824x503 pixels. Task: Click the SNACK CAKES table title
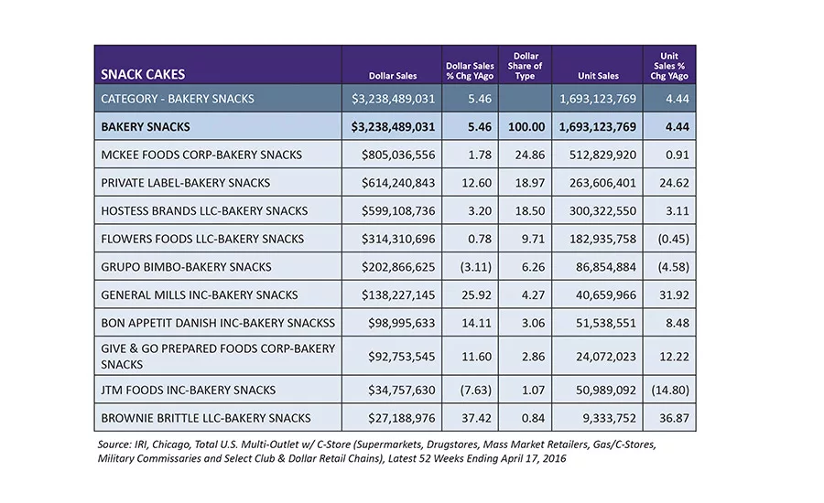click(143, 74)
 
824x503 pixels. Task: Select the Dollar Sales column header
click(393, 76)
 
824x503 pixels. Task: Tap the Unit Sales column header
click(598, 76)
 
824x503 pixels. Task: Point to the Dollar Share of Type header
click(525, 66)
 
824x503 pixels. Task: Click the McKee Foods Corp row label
click(201, 155)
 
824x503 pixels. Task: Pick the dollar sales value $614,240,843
click(398, 183)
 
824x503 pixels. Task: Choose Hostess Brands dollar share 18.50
click(530, 210)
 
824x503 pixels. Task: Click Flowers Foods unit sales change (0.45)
click(673, 239)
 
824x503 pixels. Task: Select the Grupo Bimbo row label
click(186, 267)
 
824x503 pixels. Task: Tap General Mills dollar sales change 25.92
click(476, 295)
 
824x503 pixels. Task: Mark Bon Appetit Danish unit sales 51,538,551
click(606, 323)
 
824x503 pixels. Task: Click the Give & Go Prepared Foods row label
click(218, 356)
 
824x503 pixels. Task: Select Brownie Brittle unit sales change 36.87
click(674, 418)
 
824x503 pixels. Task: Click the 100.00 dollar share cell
click(526, 126)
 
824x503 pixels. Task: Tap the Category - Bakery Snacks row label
click(178, 99)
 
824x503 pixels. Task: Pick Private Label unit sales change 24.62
click(674, 183)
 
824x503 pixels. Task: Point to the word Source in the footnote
click(114, 444)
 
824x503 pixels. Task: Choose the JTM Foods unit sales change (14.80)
click(670, 391)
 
